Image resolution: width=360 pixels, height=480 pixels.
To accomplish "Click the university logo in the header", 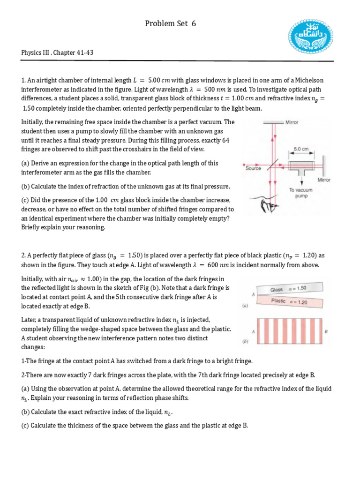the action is tap(311, 37).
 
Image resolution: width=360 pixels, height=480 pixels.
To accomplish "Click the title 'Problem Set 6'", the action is tap(170, 23).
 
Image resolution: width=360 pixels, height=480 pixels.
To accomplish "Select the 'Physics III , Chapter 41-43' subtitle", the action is tap(57, 52).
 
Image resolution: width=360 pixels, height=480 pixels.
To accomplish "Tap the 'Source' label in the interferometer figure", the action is tap(253, 168).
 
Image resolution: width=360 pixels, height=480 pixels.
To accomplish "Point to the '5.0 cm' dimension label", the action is tap(301, 149).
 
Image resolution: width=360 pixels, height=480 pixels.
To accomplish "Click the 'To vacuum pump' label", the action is tap(301, 193).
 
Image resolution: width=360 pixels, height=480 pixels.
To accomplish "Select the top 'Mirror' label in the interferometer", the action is tap(292, 122).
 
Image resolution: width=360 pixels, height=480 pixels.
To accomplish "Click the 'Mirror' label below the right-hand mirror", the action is tap(324, 180).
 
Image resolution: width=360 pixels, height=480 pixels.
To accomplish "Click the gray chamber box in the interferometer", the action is tap(301, 165).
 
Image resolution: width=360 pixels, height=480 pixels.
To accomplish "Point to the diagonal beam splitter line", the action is tap(273, 165).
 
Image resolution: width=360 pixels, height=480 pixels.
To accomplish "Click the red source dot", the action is tap(244, 165).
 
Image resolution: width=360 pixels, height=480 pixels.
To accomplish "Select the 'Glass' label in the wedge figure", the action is tap(277, 290).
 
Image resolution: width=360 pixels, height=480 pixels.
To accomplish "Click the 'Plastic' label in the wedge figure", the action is tap(278, 301).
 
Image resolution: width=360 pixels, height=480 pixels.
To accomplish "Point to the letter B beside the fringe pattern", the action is tap(326, 331).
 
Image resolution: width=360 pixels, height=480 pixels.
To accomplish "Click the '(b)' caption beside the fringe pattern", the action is tap(245, 341).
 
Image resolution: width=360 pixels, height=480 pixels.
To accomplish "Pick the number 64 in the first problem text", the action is tap(226, 140).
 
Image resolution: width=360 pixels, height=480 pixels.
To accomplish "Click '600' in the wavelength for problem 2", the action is tap(213, 265).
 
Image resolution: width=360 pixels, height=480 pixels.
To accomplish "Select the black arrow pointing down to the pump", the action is tap(301, 182).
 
